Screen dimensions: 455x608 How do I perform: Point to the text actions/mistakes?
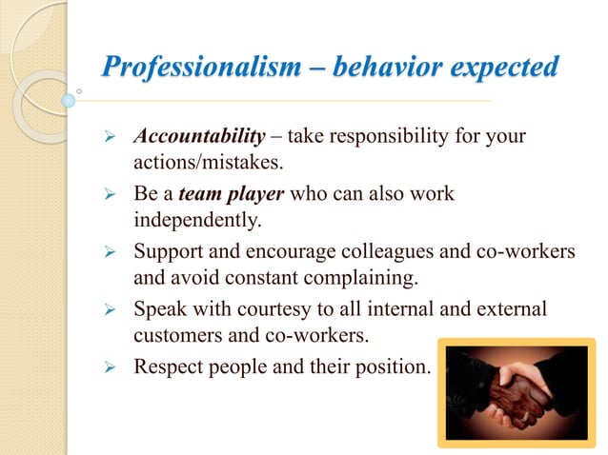coord(197,164)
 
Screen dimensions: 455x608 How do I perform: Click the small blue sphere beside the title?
coord(68,99)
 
